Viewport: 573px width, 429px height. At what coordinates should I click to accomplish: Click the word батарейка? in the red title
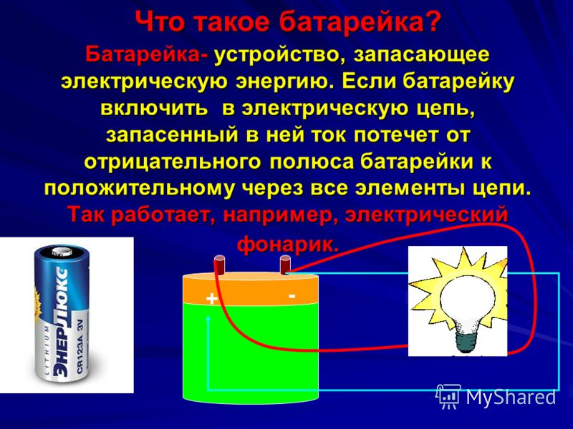point(360,23)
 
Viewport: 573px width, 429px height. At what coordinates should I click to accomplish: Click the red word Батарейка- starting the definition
point(148,55)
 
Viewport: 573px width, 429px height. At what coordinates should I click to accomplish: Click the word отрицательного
point(173,162)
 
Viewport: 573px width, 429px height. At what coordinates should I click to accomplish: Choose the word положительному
point(143,189)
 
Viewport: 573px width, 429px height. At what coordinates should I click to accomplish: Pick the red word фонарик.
point(288,245)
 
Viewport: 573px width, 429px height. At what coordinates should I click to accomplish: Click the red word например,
point(279,215)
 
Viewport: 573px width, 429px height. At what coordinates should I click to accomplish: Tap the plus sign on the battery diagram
point(211,299)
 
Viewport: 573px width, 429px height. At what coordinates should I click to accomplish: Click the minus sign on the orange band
point(292,296)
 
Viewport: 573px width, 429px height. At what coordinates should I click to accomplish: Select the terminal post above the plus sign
point(219,265)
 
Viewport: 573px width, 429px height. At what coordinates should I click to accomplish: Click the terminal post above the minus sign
point(285,265)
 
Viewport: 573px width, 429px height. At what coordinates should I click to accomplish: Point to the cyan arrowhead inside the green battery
point(208,318)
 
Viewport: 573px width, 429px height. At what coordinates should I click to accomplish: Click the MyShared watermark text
point(511,397)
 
